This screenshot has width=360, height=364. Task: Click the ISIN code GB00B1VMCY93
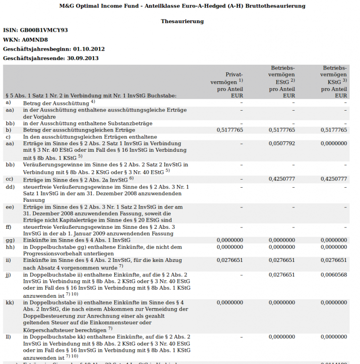click(x=44, y=30)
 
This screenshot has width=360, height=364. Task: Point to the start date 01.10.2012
click(x=89, y=49)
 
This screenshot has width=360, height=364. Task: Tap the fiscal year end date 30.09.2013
click(x=83, y=59)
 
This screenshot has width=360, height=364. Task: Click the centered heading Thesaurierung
click(x=182, y=21)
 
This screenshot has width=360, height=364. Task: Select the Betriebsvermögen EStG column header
click(x=282, y=81)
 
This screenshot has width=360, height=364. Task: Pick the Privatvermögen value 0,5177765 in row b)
click(x=230, y=130)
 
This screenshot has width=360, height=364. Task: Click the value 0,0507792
click(x=282, y=143)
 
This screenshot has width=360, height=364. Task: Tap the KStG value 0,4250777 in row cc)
click(x=334, y=179)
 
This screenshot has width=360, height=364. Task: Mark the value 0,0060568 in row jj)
click(x=334, y=275)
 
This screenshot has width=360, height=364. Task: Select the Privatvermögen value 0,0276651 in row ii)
click(x=230, y=260)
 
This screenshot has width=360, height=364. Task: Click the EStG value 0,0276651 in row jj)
click(x=282, y=275)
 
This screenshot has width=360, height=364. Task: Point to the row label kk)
click(x=9, y=303)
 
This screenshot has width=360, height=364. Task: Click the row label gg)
click(x=9, y=240)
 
